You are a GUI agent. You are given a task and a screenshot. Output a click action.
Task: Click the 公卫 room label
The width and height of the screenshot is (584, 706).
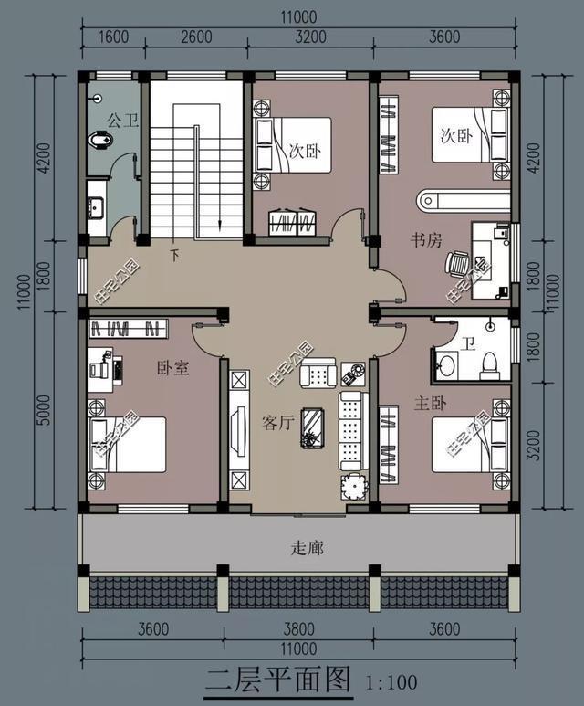[122, 120]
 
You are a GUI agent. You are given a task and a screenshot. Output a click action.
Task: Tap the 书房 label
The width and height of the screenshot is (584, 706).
[425, 241]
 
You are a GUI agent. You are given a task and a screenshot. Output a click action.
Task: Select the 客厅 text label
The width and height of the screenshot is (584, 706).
[277, 424]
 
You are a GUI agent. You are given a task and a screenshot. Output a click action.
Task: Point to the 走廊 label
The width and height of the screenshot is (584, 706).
[307, 549]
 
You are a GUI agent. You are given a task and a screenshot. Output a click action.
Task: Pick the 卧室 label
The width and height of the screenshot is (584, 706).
[172, 368]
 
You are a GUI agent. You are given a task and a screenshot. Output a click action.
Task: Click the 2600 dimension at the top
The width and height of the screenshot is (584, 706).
[196, 37]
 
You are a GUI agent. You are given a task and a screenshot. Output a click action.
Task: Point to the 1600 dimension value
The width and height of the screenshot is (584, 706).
[114, 37]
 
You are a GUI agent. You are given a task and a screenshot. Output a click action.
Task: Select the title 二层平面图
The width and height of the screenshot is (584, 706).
[277, 680]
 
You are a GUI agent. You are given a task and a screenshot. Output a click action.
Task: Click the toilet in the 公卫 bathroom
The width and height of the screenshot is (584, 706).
[101, 140]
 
